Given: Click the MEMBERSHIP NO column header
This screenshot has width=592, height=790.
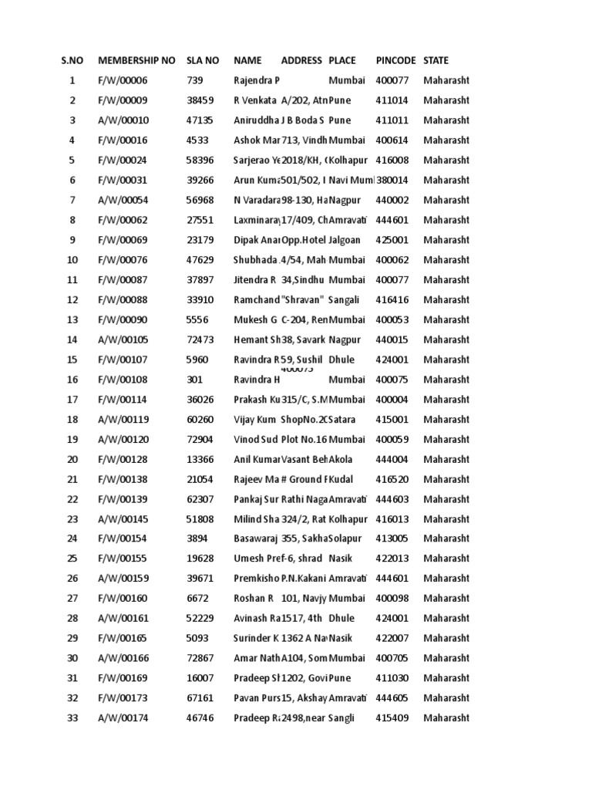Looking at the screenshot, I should (136, 60).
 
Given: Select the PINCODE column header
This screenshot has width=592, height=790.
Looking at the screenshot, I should (395, 60).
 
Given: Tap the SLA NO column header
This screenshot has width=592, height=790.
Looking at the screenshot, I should (203, 60).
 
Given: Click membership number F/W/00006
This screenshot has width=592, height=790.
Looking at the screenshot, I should (123, 80).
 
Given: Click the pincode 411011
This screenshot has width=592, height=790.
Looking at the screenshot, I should (392, 120).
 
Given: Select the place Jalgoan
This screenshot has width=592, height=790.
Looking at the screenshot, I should (345, 240).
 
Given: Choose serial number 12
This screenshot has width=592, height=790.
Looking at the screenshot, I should (72, 300).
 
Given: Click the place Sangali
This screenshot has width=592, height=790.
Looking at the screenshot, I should (344, 300).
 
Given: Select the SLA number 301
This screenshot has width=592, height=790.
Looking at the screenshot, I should (195, 380).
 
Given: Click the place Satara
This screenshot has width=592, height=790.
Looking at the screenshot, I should (342, 420).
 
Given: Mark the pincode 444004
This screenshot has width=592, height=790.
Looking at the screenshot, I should (392, 459).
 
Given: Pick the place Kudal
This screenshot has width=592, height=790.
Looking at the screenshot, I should (340, 479).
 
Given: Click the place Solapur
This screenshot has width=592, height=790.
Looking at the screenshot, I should (345, 538).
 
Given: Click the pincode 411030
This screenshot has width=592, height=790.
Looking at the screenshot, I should (392, 678).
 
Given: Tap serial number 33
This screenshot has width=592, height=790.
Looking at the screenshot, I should (72, 718).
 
